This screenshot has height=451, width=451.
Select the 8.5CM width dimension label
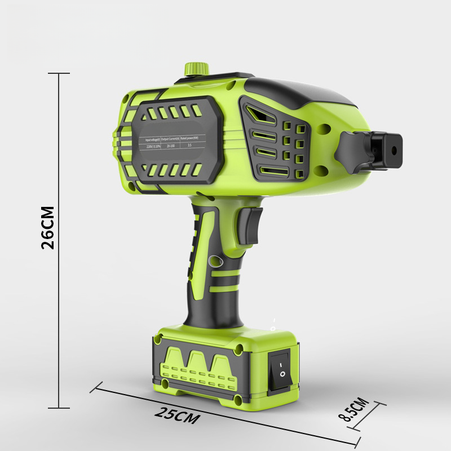[x=353, y=410]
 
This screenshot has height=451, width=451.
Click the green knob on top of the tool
[x=196, y=68]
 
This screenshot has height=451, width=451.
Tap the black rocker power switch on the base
[x=281, y=369]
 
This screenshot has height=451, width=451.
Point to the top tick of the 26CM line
[x=59, y=73]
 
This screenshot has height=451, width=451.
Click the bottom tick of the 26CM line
[x=59, y=408]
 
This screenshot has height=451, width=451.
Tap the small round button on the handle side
[x=214, y=262]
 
